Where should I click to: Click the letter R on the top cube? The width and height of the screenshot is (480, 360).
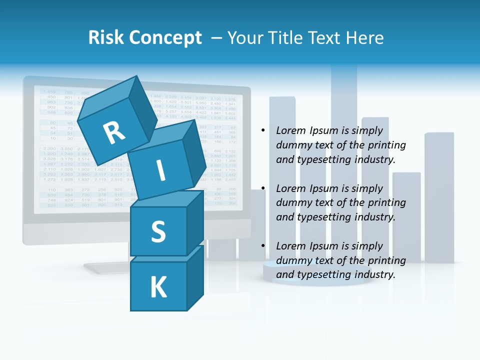click(114, 133)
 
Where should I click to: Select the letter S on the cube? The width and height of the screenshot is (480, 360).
click(158, 231)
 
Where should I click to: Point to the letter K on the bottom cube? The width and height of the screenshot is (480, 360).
click(158, 287)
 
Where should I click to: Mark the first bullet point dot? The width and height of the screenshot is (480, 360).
click(263, 131)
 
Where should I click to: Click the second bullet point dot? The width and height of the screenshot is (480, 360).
click(263, 188)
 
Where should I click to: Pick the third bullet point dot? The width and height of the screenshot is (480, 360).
click(263, 246)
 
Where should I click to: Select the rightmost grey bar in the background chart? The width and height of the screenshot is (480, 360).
click(439, 197)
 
